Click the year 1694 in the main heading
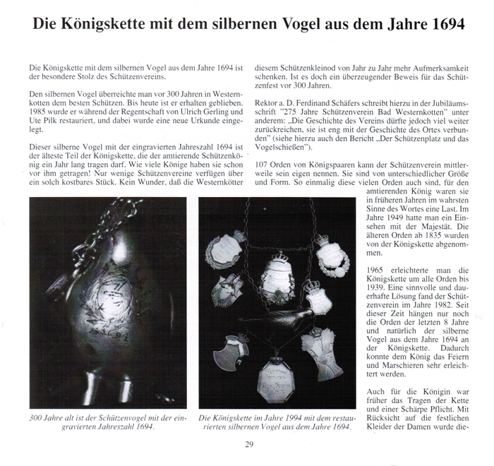click(x=444, y=23)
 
